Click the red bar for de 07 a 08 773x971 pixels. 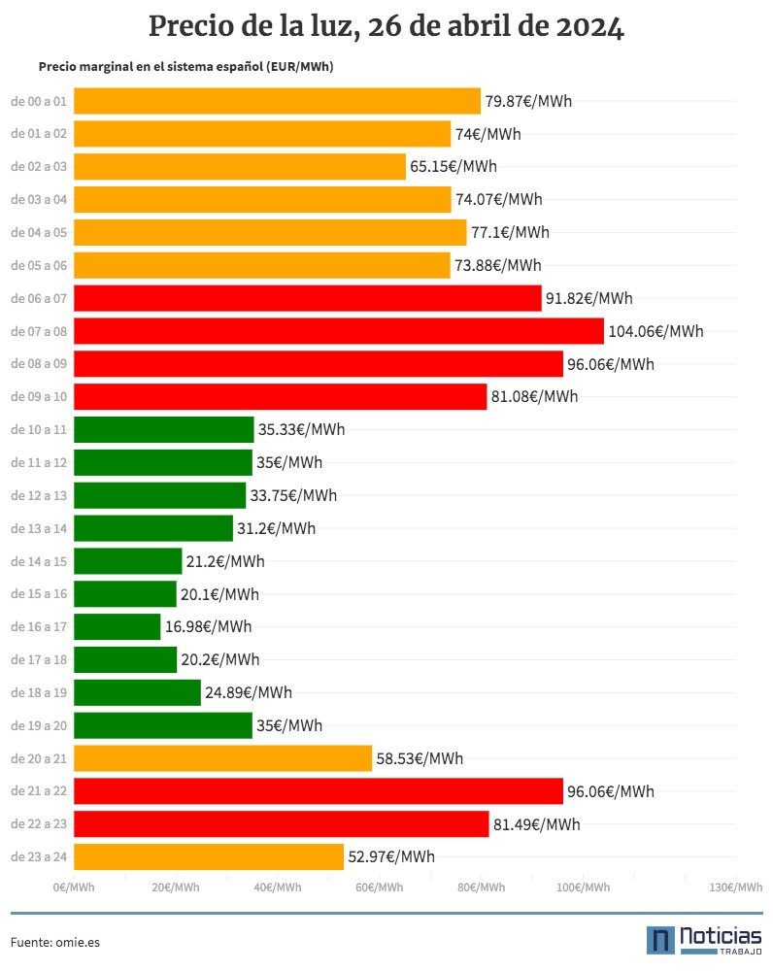click(339, 331)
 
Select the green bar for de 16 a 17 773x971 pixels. click(118, 626)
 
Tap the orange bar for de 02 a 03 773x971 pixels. click(240, 167)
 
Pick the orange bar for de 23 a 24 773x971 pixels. click(209, 856)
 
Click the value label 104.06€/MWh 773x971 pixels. click(655, 331)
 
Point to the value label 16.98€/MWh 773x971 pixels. click(208, 626)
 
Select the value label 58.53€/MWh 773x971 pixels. click(420, 758)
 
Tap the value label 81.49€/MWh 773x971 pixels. click(536, 824)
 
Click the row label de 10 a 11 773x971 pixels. click(39, 430)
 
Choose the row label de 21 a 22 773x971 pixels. click(39, 790)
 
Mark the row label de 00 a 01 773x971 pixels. click(39, 102)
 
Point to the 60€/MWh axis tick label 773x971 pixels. click(379, 887)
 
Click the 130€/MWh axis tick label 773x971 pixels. click(736, 887)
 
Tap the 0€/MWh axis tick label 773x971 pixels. click(74, 887)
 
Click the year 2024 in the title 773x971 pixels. click(589, 27)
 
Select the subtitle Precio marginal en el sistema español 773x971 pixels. click(151, 67)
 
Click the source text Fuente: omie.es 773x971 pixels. click(55, 942)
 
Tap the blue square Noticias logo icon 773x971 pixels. click(660, 940)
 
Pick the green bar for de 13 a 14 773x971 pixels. click(153, 528)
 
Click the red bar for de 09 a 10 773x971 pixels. click(281, 396)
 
